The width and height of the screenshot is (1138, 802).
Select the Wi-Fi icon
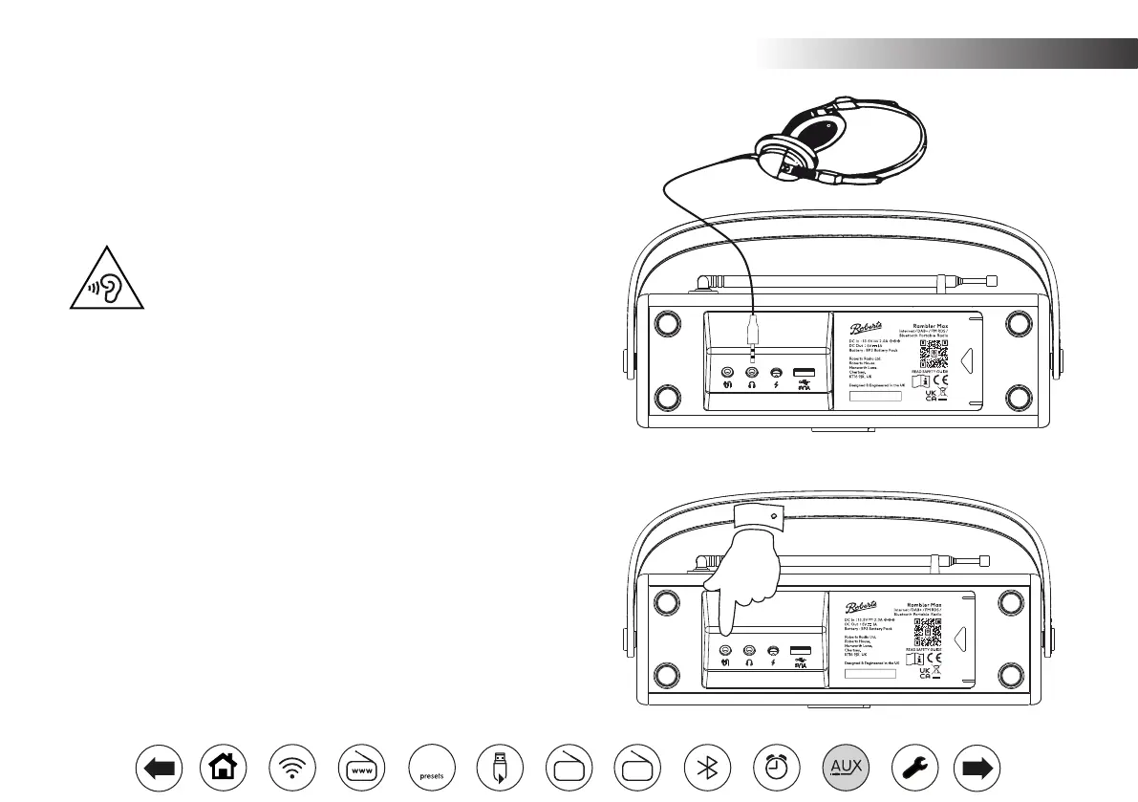point(292,767)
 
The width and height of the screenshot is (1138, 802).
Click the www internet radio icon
point(361,767)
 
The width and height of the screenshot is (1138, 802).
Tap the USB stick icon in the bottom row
point(500,767)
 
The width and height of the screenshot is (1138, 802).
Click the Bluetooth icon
point(708,767)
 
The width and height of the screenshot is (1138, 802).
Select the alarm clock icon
point(777,767)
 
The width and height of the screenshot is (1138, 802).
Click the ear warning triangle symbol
point(106,281)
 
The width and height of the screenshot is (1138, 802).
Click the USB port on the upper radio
point(803,372)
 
